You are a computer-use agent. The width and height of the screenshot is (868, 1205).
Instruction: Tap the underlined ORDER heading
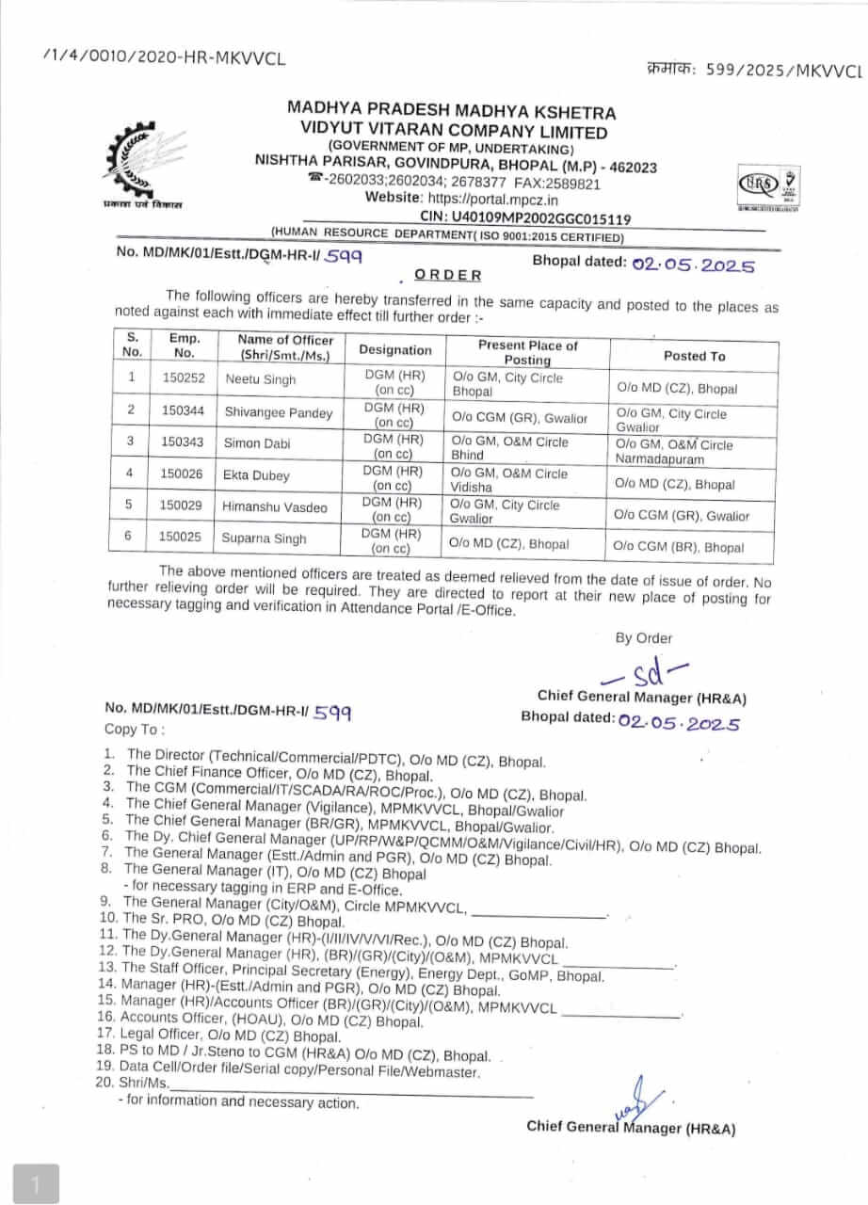pos(448,275)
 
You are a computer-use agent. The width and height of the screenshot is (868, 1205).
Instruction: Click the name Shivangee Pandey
pos(279,411)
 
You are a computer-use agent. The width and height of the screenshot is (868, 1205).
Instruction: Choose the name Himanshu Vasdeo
pos(275,507)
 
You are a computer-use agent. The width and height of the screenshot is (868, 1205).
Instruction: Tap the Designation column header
pos(395,349)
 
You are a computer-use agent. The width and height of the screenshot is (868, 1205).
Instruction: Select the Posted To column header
pos(694,356)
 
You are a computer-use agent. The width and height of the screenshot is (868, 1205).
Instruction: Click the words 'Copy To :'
pos(135,730)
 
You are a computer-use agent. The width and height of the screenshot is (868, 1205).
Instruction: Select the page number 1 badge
pos(37,1183)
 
